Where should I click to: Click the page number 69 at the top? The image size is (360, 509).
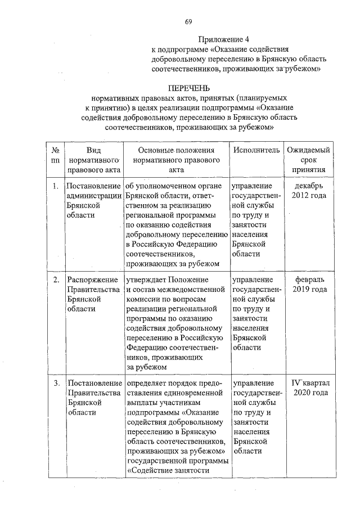coord(188,22)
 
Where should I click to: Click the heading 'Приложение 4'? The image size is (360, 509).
coord(223,39)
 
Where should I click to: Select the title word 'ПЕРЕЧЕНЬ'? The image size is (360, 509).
coord(189,88)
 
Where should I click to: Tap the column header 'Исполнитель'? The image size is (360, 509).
coord(256,150)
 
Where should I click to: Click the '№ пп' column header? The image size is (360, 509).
coord(56,155)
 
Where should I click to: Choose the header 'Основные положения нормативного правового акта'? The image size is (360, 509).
coord(176,160)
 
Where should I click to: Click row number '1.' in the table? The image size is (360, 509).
coord(56,186)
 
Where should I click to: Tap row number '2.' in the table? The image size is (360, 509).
coord(56,280)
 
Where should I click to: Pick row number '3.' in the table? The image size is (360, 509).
coord(56,384)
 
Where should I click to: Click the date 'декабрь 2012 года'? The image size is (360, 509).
coord(309,191)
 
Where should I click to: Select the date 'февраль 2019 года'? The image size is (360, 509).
coord(309,284)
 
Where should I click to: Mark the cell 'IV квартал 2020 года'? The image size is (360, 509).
coord(309,388)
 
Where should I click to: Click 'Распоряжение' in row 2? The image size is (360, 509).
coord(92,280)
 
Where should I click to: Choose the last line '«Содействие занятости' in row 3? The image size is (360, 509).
coord(169,471)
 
